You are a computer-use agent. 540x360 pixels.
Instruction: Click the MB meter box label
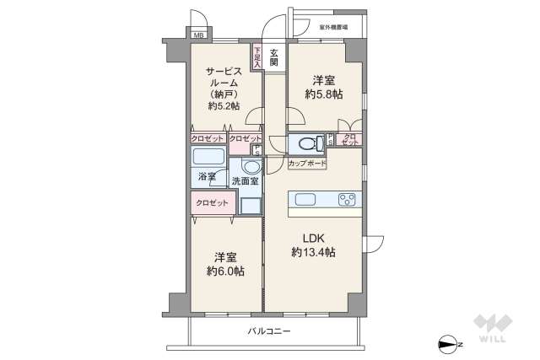197,35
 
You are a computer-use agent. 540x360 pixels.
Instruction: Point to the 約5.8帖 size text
324,94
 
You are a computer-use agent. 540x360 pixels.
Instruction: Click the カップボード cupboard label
307,162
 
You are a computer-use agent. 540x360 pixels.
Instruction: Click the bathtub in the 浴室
208,156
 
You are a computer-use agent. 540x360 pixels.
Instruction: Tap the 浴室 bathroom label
207,178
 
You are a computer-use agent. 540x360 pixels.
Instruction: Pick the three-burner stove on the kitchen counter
347,200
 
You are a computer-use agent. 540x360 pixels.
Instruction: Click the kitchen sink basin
305,200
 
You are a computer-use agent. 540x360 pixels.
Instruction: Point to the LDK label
313,238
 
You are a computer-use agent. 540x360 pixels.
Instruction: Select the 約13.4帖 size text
313,252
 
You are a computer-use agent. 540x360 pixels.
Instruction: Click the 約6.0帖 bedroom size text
225,271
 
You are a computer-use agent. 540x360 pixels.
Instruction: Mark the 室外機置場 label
335,28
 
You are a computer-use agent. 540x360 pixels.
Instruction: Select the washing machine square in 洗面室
251,205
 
